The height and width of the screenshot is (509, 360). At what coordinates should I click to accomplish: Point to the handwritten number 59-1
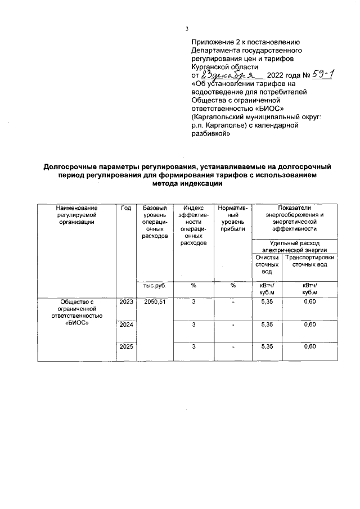(326, 74)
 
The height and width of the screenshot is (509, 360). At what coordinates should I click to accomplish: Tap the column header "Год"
(126, 208)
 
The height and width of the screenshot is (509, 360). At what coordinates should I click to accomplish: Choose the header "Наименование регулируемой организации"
(76, 215)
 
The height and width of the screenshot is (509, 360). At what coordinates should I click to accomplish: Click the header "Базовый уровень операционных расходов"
(155, 222)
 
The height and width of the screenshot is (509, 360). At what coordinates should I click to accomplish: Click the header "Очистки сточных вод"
(267, 264)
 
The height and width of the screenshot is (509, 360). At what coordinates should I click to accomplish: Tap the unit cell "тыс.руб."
(154, 286)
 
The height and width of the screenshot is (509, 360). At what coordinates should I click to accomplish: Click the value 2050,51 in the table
(155, 302)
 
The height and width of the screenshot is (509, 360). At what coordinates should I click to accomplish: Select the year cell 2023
(126, 302)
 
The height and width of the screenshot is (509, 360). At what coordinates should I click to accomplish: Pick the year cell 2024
(126, 325)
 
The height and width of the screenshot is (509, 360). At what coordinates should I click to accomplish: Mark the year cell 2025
(126, 346)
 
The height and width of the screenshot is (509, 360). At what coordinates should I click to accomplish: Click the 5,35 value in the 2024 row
(267, 325)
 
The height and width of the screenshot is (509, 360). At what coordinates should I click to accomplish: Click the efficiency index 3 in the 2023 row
(193, 302)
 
